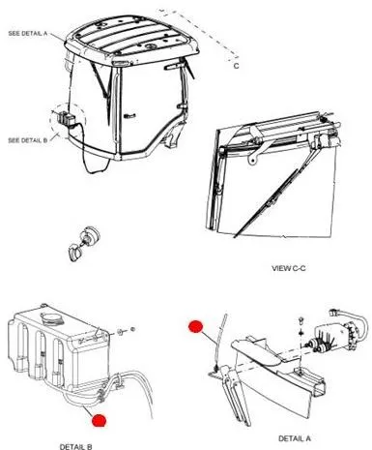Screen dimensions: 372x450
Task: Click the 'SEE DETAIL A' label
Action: click(28, 33)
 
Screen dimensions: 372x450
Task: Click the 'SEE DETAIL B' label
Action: click(28, 140)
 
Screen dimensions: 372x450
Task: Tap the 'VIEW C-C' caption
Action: click(289, 268)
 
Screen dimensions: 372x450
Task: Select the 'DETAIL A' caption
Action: click(295, 438)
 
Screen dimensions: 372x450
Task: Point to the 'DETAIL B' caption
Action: click(76, 446)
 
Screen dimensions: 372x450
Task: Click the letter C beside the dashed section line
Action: click(237, 66)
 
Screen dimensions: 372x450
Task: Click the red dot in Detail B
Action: click(99, 420)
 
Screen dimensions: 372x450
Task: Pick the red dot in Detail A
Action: click(196, 326)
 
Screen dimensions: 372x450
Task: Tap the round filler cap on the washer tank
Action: click(50, 319)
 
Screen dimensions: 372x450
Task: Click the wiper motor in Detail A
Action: click(335, 336)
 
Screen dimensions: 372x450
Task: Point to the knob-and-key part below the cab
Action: click(84, 243)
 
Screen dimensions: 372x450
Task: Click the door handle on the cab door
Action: click(130, 116)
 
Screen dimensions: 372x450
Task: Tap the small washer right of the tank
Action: click(120, 332)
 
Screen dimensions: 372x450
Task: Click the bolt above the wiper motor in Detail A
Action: click(301, 321)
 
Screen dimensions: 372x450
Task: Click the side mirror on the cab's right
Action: click(174, 66)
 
